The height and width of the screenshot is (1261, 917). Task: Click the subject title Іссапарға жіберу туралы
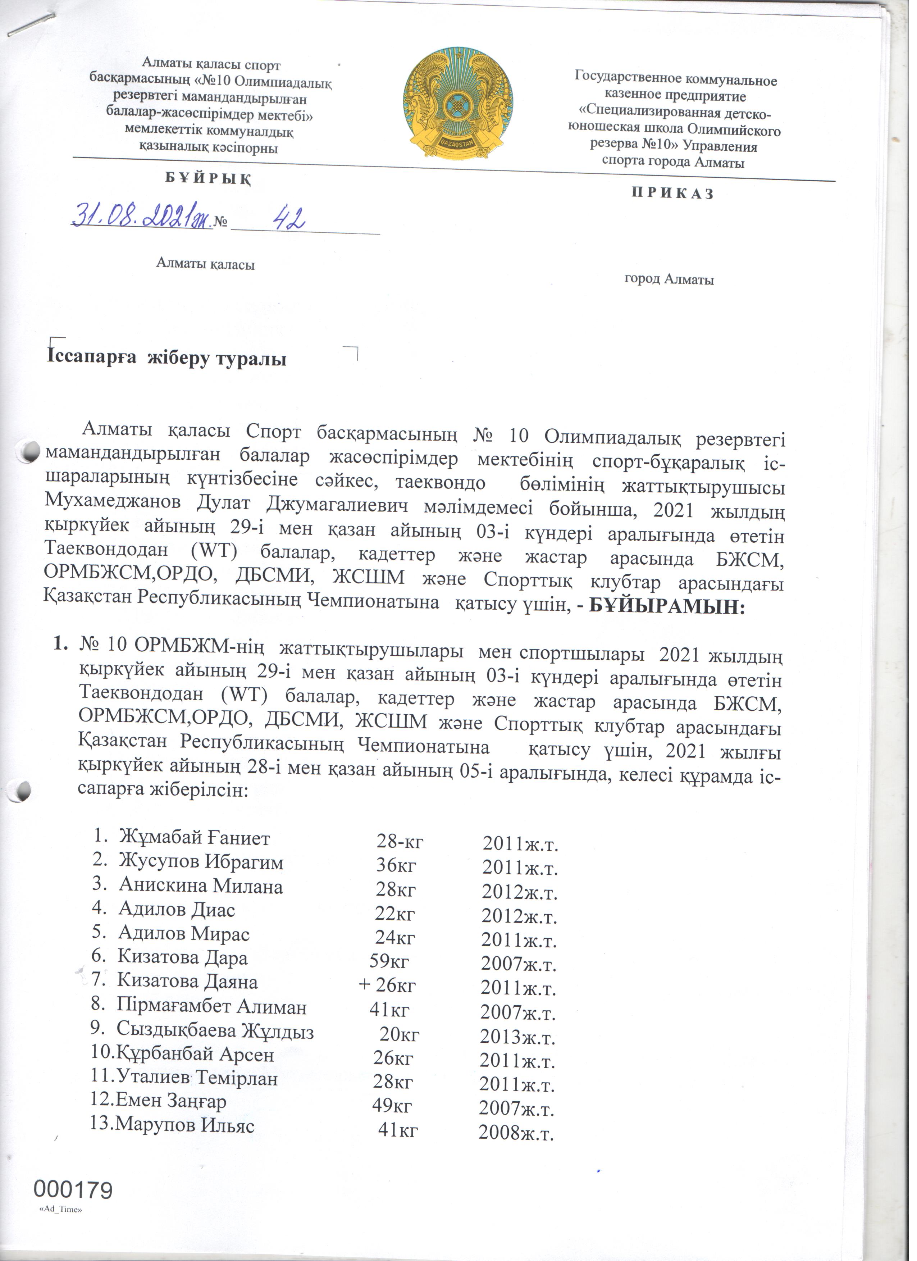167,360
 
